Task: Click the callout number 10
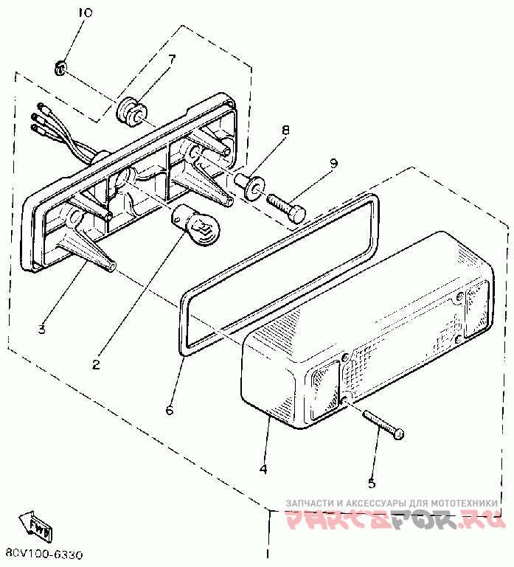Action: tap(86, 13)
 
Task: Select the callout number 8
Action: tap(285, 130)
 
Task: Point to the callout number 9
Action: tap(333, 163)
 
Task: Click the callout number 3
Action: tap(42, 329)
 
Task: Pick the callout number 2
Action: tap(97, 363)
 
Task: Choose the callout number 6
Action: tap(170, 409)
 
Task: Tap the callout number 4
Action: tap(263, 468)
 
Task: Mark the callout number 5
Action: tap(372, 484)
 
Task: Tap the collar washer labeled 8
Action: tap(249, 186)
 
